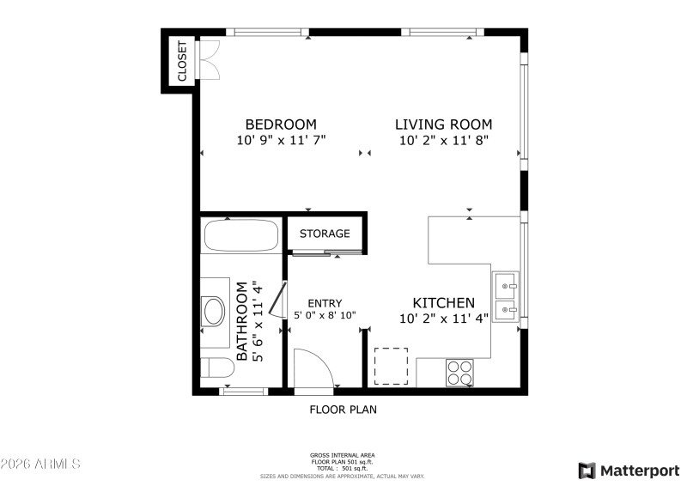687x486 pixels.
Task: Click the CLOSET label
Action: pos(182,62)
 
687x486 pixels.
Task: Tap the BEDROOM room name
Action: pos(281,124)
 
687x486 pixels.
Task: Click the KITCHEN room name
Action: pos(443,303)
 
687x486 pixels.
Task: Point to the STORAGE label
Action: pos(325,234)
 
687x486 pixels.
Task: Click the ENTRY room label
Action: pos(325,303)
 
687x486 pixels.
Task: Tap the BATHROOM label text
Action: pos(242,321)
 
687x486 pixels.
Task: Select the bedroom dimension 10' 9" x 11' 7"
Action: pos(281,139)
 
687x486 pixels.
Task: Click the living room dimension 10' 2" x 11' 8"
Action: pos(443,139)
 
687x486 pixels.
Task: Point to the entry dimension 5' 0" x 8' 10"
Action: pos(325,316)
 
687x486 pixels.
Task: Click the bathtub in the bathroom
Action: pos(240,235)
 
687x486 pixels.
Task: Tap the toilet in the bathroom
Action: pos(216,368)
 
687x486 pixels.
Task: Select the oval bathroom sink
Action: pos(214,311)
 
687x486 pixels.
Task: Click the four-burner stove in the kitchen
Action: pos(460,373)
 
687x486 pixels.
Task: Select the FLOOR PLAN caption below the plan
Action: pos(343,410)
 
